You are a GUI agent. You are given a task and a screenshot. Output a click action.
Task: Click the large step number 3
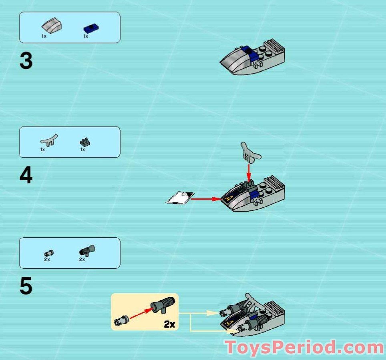26,62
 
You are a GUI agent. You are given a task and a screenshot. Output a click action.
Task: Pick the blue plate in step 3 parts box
91,28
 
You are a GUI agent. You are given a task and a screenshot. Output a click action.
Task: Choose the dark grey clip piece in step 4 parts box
85,142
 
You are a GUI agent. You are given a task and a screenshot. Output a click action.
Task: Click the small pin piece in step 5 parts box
49,253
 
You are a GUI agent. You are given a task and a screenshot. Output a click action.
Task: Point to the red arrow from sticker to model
207,198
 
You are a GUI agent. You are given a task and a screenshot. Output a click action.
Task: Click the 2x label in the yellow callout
169,324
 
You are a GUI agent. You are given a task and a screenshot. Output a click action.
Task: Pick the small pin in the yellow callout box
121,320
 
